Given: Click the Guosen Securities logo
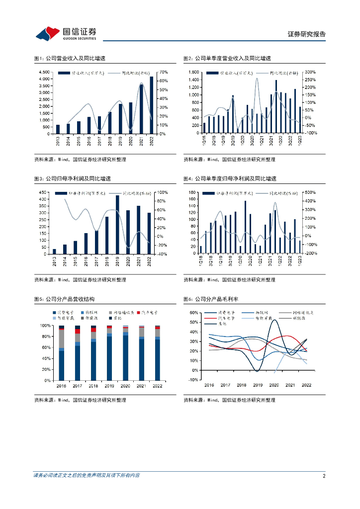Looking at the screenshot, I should [66, 33].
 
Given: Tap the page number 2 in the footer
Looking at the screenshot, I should [324, 476].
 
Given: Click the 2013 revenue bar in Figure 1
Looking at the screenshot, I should [58, 129].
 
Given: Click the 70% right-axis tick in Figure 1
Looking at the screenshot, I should [164, 72].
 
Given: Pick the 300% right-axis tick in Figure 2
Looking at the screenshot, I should [311, 72].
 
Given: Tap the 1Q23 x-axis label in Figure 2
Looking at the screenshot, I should [300, 140].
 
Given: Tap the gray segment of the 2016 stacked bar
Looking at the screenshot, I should [62, 339].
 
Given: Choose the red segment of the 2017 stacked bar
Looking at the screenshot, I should [78, 331].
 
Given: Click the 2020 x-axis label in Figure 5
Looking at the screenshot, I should [125, 385].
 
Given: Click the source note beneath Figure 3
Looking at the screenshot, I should [80, 280].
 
